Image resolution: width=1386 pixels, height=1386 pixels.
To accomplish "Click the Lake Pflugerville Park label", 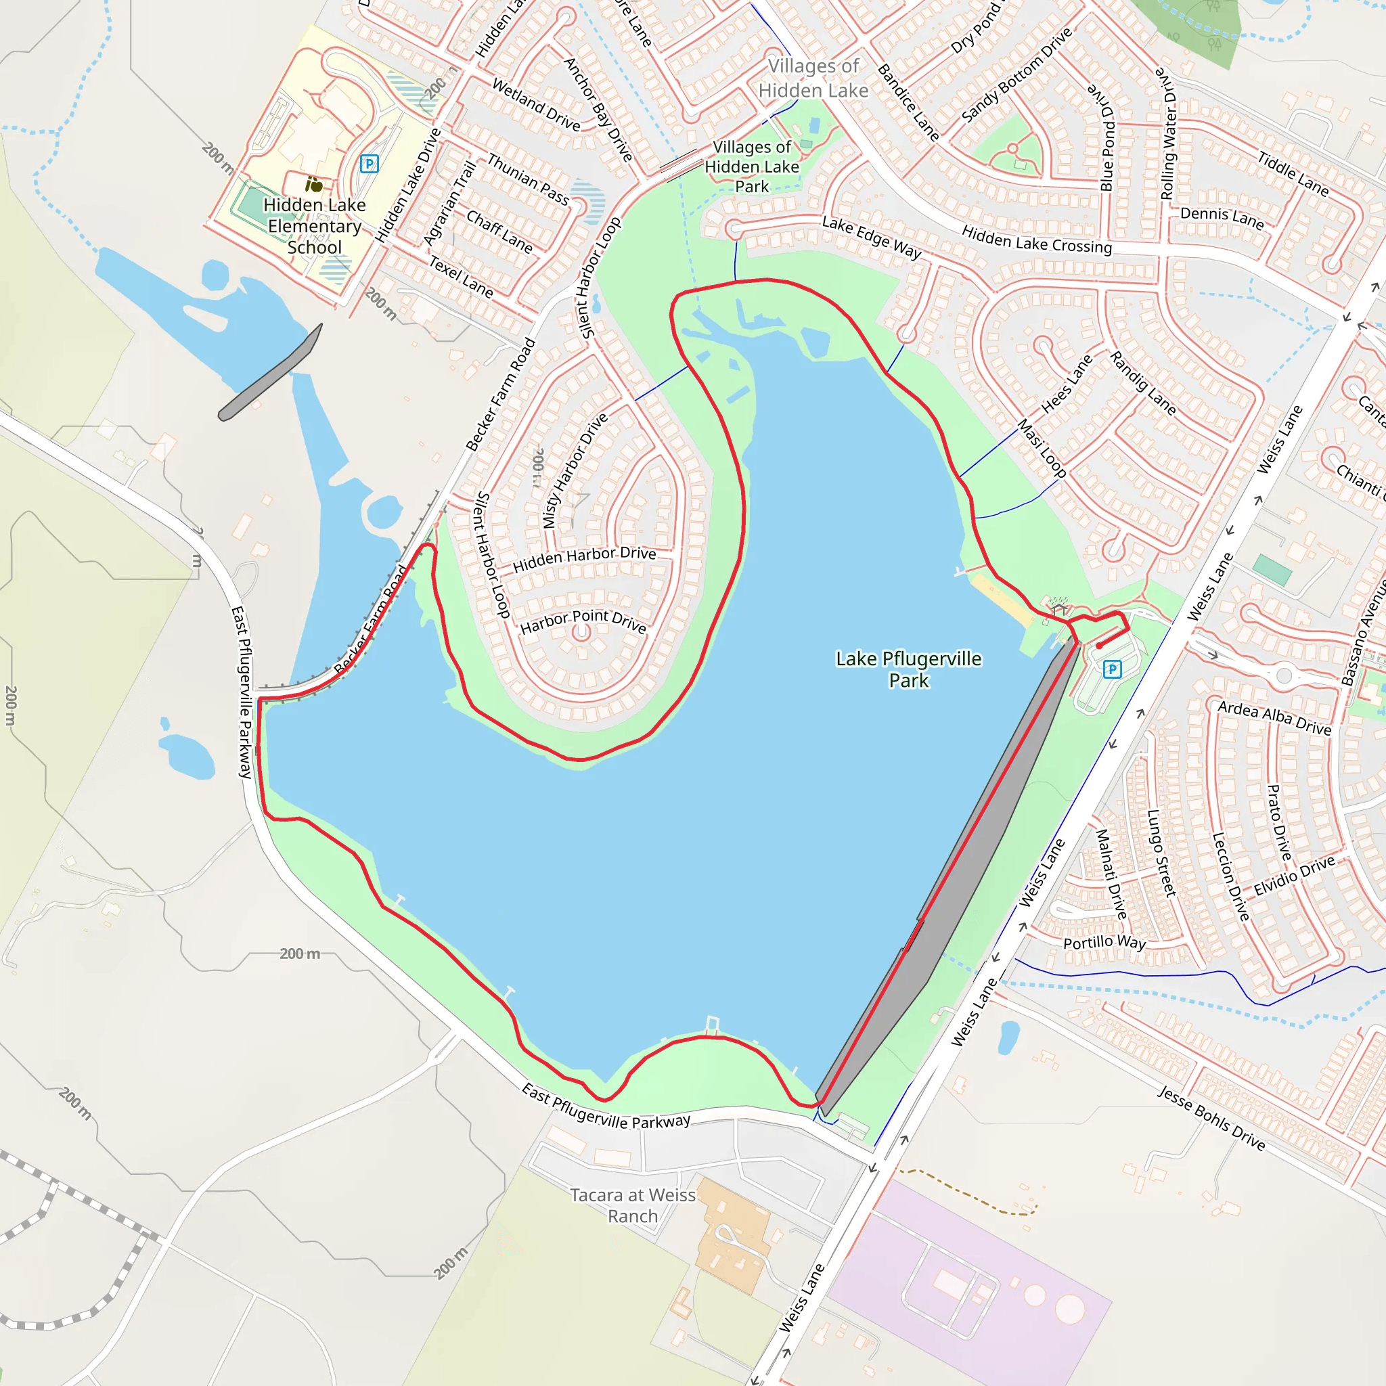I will (x=908, y=669).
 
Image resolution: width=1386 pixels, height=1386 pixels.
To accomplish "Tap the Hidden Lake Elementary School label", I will (x=314, y=226).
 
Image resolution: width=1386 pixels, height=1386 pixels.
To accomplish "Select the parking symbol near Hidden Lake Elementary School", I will (x=369, y=164).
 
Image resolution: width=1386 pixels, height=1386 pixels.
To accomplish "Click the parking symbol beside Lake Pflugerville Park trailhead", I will (x=1112, y=669).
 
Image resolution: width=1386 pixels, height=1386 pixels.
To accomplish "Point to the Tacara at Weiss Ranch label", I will (x=633, y=1205).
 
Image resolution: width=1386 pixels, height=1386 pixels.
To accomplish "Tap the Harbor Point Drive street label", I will (x=583, y=621).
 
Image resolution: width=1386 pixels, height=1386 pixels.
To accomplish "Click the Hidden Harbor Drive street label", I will (x=584, y=558).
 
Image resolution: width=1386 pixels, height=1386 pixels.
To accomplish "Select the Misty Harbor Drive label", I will (x=575, y=470).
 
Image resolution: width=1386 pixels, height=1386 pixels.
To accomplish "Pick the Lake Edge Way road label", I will (x=871, y=237).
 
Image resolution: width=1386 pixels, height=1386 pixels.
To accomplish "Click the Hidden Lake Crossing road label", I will (x=1037, y=240).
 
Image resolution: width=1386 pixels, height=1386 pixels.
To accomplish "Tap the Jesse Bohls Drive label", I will (x=1211, y=1118).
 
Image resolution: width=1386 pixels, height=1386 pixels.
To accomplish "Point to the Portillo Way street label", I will (x=1104, y=943).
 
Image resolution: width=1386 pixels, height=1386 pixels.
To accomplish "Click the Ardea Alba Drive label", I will (x=1274, y=718).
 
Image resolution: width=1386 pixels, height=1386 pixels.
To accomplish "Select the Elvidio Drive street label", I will (x=1294, y=875).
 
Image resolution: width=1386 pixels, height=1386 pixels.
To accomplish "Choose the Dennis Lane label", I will (x=1222, y=217).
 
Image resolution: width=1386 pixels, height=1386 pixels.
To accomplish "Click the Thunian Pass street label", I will (x=528, y=179).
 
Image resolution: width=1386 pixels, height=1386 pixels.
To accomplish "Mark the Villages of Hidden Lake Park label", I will (x=752, y=166).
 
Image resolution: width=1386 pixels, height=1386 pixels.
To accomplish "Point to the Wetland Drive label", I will (x=536, y=105).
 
